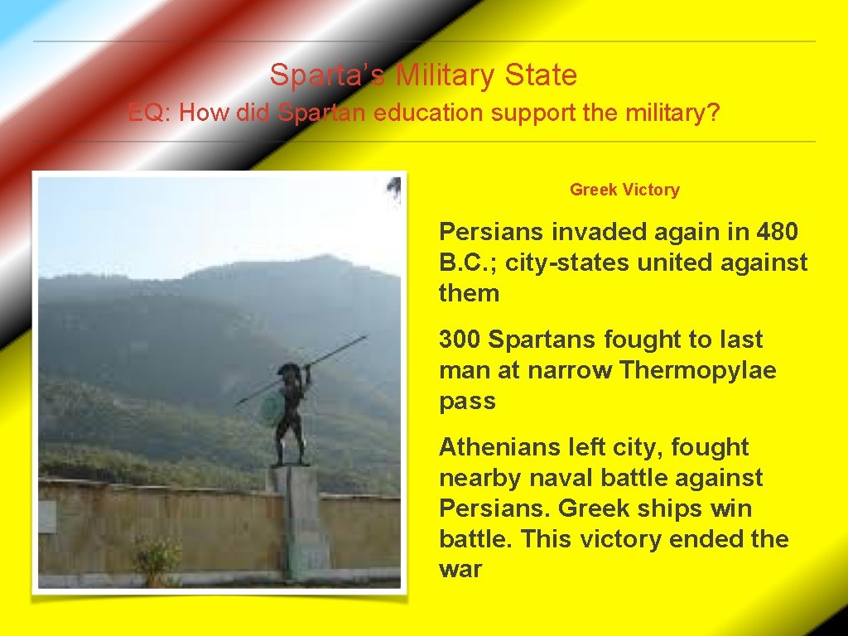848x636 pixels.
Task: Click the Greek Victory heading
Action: (624, 190)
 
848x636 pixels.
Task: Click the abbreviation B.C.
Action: (468, 263)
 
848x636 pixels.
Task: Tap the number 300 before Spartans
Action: (460, 340)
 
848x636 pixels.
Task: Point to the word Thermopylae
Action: (698, 370)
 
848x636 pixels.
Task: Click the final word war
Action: (460, 570)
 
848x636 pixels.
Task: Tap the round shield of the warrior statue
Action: (272, 407)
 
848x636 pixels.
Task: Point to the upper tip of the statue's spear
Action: (364, 337)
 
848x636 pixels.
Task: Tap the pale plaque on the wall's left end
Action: (46, 517)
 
